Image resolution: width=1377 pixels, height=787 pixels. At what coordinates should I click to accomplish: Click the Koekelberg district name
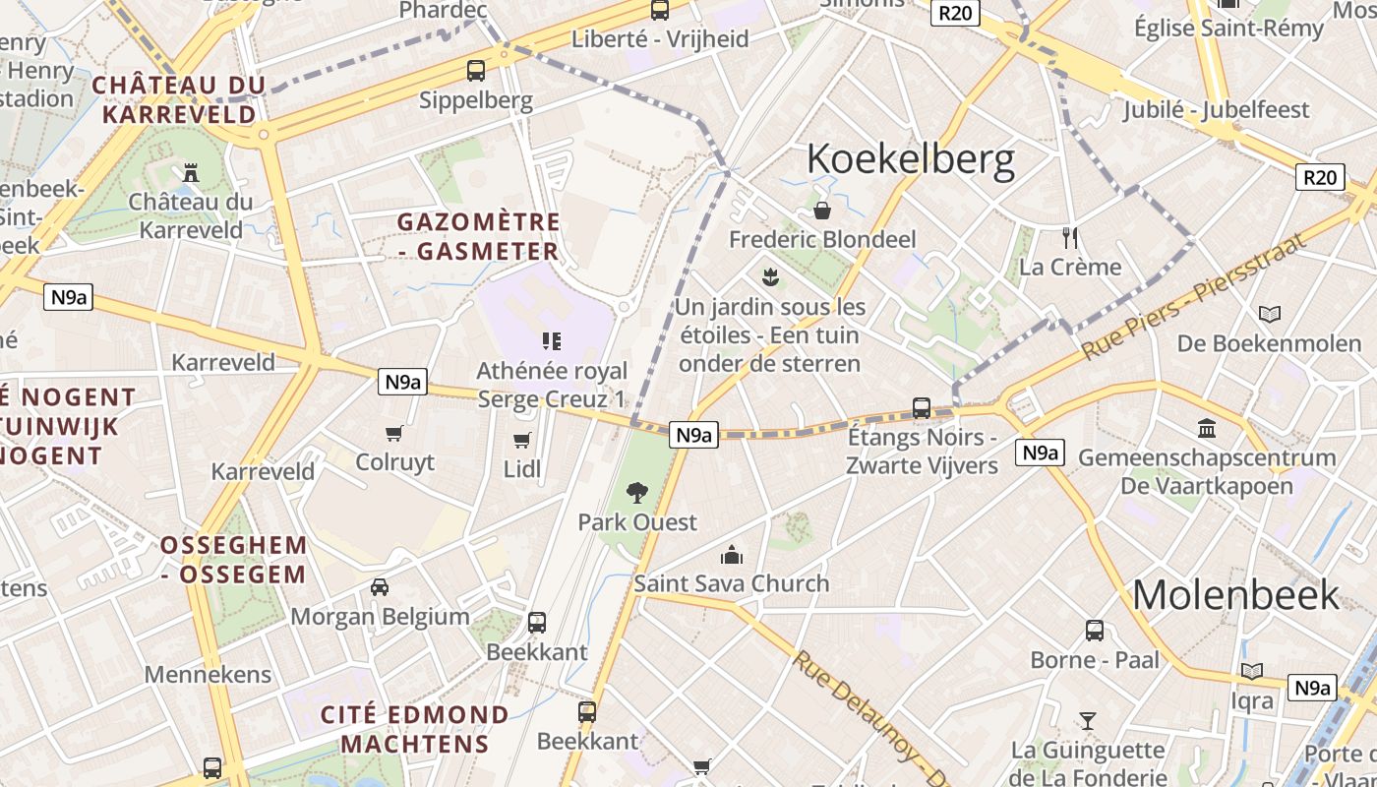[910, 159]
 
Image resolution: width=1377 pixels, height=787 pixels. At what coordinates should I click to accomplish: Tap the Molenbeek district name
[1235, 594]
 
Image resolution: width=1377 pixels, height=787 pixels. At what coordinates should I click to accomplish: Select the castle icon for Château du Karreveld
[190, 172]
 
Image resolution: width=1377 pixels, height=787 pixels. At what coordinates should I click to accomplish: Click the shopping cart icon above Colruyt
[394, 433]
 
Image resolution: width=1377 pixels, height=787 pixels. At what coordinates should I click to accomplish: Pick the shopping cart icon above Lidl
[521, 440]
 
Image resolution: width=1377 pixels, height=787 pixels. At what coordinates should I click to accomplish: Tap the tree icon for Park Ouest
[637, 492]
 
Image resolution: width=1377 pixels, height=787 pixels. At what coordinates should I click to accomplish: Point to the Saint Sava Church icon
[731, 555]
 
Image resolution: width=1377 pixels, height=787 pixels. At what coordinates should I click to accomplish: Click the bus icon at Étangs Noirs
[922, 407]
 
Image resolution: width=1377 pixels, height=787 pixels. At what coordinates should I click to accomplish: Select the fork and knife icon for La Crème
[1070, 237]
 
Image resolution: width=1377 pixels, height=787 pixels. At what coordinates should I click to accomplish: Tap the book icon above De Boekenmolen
[1270, 314]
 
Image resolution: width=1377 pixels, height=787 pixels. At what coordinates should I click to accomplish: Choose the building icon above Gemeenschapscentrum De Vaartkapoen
[1207, 428]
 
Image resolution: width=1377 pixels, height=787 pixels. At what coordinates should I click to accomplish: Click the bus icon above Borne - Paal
[1095, 631]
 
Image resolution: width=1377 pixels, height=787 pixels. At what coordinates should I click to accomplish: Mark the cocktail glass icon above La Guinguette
[1087, 721]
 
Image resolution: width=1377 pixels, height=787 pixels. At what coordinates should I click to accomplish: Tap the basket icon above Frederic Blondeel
[822, 211]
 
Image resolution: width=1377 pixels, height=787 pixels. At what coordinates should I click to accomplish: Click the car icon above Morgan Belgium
[380, 587]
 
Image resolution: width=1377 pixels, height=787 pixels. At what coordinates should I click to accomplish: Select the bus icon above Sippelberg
[476, 70]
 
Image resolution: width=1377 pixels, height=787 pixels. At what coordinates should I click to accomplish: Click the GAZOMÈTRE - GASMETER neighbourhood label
[479, 236]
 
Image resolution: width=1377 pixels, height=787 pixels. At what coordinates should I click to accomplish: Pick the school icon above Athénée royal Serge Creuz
[552, 341]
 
